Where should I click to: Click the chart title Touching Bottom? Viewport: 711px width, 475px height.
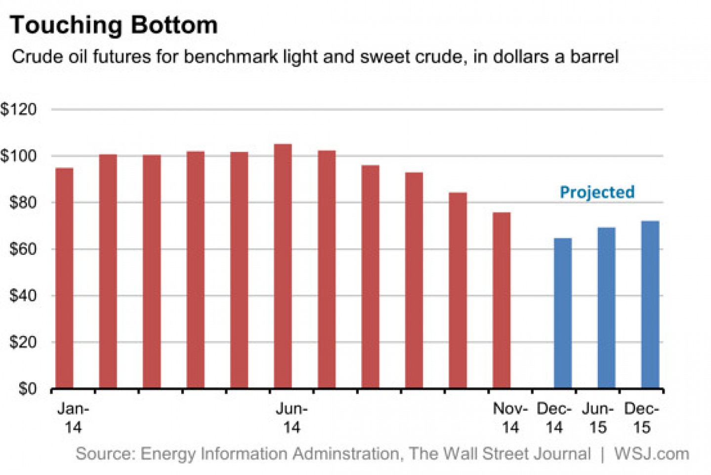114,25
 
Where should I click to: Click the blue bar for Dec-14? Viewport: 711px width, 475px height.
563,313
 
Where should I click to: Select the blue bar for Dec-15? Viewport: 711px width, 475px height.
650,304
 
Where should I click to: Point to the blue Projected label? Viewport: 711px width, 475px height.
597,192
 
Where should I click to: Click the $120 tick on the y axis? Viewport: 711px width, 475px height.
19,109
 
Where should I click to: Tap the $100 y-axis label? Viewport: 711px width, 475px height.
19,156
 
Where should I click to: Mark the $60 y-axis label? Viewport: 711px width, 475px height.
23,248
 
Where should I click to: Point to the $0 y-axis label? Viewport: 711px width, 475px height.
27,388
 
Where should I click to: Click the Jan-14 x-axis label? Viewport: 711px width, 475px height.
73,418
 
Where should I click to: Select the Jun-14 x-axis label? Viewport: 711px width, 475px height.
292,418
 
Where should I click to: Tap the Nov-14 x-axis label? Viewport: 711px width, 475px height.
510,418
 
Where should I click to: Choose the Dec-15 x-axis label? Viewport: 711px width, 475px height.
641,418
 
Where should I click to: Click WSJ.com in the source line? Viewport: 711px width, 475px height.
651,453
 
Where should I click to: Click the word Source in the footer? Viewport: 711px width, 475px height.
105,453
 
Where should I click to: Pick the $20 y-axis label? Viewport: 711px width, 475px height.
23,342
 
